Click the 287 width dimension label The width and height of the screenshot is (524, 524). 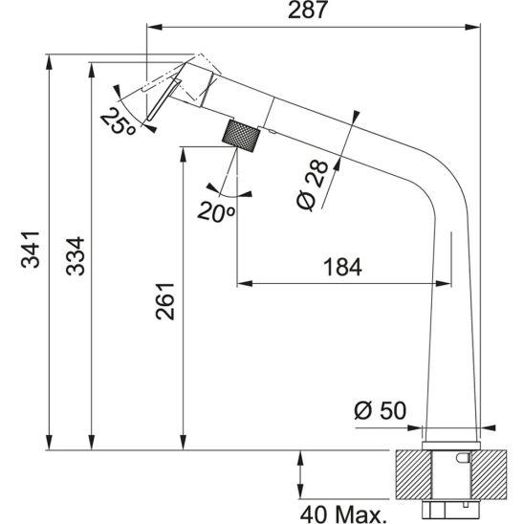pyautogui.click(x=312, y=12)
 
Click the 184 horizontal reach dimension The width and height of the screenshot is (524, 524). pyautogui.click(x=343, y=268)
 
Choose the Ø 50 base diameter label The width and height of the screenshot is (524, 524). pyautogui.click(x=381, y=410)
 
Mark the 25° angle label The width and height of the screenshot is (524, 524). pyautogui.click(x=117, y=120)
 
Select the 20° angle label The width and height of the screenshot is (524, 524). pyautogui.click(x=217, y=212)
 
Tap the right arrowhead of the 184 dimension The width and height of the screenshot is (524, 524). pyautogui.click(x=445, y=283)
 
